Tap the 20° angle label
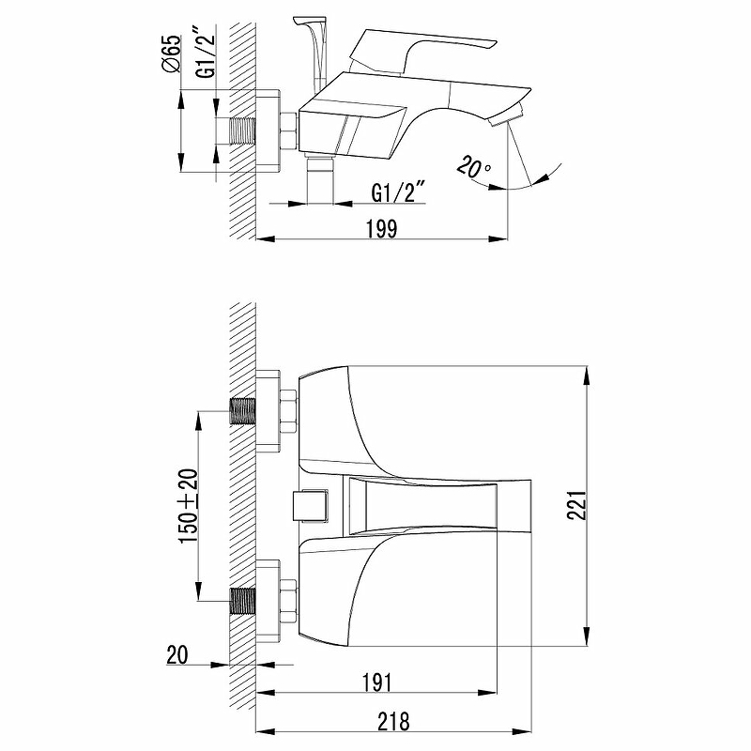[x=474, y=168]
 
